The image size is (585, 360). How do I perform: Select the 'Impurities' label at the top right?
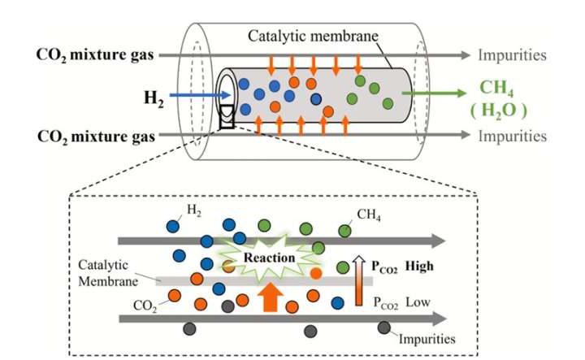(x=511, y=55)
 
